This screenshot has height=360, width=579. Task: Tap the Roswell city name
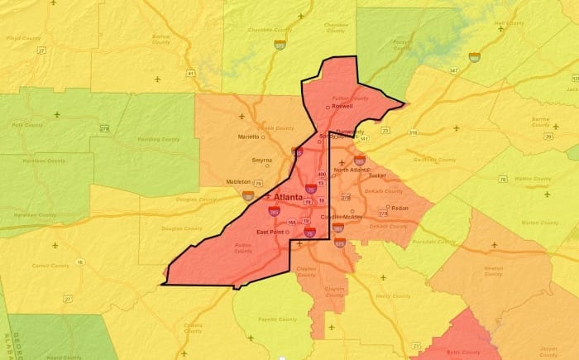[x=343, y=107]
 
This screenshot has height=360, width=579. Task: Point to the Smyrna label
[x=263, y=161]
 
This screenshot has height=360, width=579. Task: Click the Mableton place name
[x=239, y=181]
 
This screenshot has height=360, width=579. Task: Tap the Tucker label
[x=378, y=175]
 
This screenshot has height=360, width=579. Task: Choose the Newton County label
[x=493, y=271]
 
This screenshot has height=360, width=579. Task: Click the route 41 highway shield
[x=190, y=74]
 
